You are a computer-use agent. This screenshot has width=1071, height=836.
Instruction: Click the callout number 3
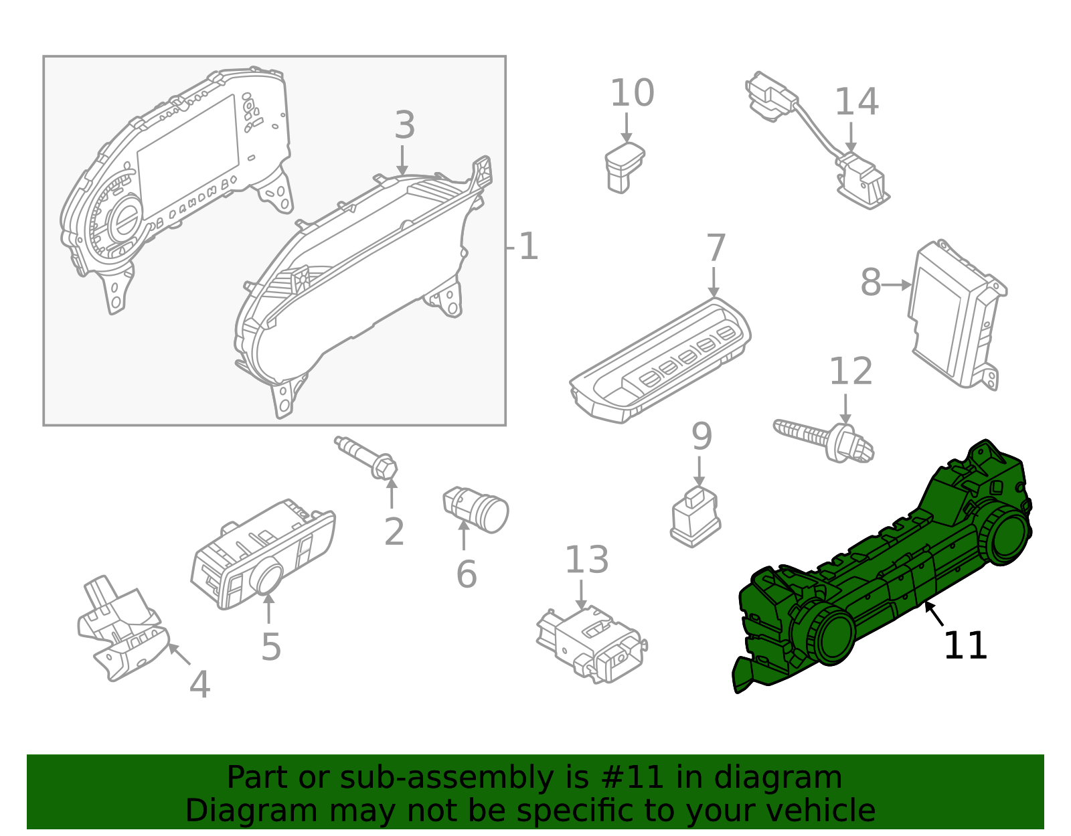(x=404, y=126)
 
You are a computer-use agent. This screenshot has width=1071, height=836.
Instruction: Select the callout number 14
(x=856, y=102)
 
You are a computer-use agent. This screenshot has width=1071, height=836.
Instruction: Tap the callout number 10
(x=631, y=93)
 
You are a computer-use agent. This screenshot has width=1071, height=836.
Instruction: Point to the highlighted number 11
(x=965, y=646)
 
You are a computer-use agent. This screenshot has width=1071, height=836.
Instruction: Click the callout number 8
(x=870, y=282)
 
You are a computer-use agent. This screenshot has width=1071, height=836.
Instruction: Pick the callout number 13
(x=586, y=560)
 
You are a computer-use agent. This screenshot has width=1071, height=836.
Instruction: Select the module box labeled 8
(x=954, y=315)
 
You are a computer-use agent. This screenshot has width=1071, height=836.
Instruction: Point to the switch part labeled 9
(x=695, y=517)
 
